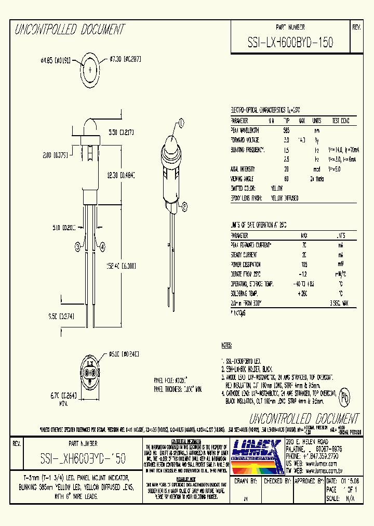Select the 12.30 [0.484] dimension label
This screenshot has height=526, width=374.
[x=121, y=176]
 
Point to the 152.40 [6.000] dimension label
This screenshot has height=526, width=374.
[x=121, y=265]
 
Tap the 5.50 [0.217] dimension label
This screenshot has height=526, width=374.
[x=121, y=133]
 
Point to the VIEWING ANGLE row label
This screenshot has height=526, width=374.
[x=244, y=178]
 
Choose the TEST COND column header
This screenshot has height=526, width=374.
[x=340, y=121]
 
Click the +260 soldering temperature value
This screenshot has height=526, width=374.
[x=303, y=294]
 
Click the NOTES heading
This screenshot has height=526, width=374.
[x=227, y=345]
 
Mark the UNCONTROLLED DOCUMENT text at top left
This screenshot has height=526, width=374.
[x=69, y=30]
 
